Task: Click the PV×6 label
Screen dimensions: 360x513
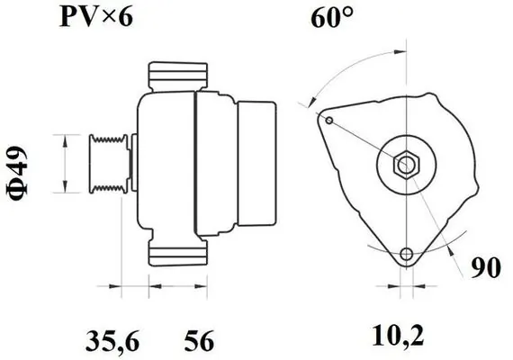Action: [94, 17]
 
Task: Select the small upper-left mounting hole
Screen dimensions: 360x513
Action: [330, 121]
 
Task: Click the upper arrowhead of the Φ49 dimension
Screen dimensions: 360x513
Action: [64, 137]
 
